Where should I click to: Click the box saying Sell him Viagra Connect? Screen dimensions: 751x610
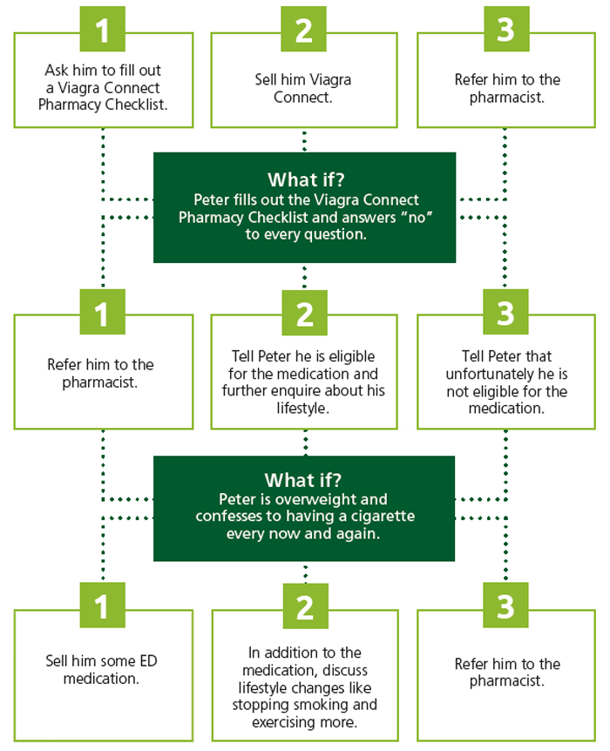[x=303, y=88]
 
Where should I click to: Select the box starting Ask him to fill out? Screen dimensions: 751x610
[x=104, y=88]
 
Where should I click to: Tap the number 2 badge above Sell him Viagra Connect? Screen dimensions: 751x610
[x=304, y=30]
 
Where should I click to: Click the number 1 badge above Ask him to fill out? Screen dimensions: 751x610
[x=104, y=30]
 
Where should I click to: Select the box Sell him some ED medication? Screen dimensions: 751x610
[x=104, y=669]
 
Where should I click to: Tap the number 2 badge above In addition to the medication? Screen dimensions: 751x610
[x=304, y=607]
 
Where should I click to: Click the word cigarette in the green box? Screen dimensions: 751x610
[x=380, y=517]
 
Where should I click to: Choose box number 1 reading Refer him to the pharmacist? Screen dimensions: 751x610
[x=104, y=373]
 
